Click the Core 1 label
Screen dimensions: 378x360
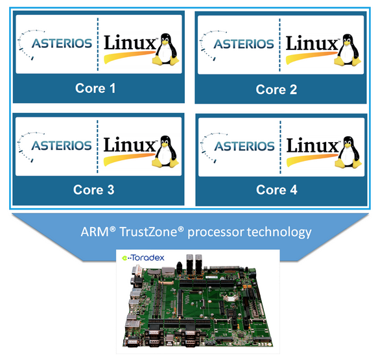(95, 88)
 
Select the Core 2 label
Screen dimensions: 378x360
(276, 90)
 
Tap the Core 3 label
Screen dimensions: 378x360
(94, 190)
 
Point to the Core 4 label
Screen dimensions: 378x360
(277, 190)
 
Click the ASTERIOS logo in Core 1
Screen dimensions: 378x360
(55, 45)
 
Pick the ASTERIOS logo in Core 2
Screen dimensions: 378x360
(237, 45)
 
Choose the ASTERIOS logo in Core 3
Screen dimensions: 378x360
(55, 147)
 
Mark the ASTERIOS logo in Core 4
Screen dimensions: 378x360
(238, 148)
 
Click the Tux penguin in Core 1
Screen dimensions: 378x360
(166, 49)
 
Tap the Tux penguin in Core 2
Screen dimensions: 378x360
(348, 50)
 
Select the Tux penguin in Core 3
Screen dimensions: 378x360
(165, 151)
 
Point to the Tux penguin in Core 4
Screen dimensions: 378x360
(348, 152)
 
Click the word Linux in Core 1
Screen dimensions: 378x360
(130, 43)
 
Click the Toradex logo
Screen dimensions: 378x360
(143, 258)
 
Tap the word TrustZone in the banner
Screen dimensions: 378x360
(151, 232)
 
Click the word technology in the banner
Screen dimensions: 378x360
(279, 232)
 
